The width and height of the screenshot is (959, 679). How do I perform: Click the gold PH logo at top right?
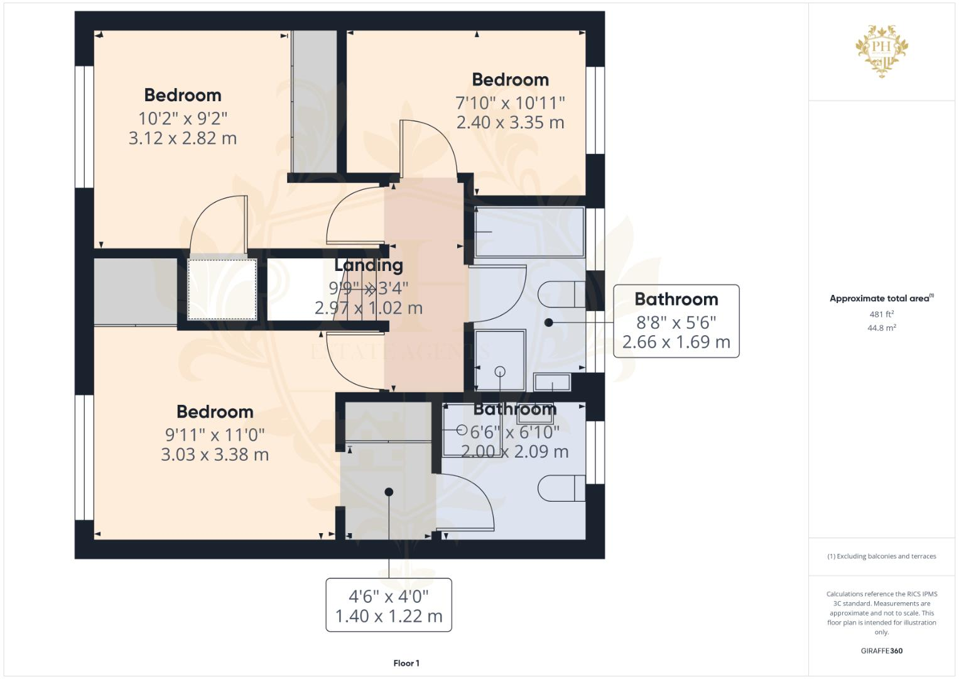click(882, 50)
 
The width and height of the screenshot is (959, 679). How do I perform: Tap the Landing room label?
click(369, 265)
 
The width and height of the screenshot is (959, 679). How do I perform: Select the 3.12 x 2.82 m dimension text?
click(183, 138)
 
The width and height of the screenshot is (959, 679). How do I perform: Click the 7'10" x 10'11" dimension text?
click(510, 102)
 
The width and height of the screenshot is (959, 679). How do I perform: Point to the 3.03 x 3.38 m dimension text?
click(215, 455)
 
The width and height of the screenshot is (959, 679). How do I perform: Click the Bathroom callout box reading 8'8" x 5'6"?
click(676, 321)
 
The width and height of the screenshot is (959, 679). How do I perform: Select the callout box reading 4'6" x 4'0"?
click(389, 605)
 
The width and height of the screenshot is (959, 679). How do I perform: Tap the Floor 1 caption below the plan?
click(406, 663)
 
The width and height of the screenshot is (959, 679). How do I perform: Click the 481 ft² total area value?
click(881, 314)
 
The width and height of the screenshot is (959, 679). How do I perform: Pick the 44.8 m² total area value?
click(881, 328)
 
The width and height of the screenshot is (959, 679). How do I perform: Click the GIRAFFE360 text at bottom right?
click(881, 651)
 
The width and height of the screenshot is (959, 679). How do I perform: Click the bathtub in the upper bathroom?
click(529, 233)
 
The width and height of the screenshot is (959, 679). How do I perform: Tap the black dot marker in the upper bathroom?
click(549, 323)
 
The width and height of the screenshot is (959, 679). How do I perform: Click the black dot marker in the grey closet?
click(389, 492)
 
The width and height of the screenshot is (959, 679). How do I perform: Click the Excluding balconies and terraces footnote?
click(881, 556)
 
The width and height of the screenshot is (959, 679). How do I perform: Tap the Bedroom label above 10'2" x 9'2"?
click(183, 96)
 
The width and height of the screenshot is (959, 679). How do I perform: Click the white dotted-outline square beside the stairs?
click(222, 289)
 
